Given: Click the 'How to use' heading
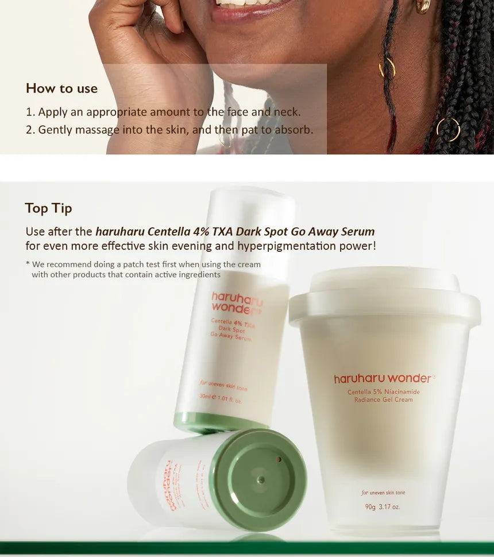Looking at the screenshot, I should pyautogui.click(x=61, y=89).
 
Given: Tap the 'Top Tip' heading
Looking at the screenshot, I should pyautogui.click(x=48, y=208).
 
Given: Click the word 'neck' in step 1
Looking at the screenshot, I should pyautogui.click(x=286, y=112).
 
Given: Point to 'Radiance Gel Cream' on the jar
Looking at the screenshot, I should pyautogui.click(x=383, y=399).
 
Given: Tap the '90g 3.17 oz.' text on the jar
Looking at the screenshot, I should pyautogui.click(x=382, y=506).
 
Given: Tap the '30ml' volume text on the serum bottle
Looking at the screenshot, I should pyautogui.click(x=206, y=396).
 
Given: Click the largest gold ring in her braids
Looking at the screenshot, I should pyautogui.click(x=448, y=130).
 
